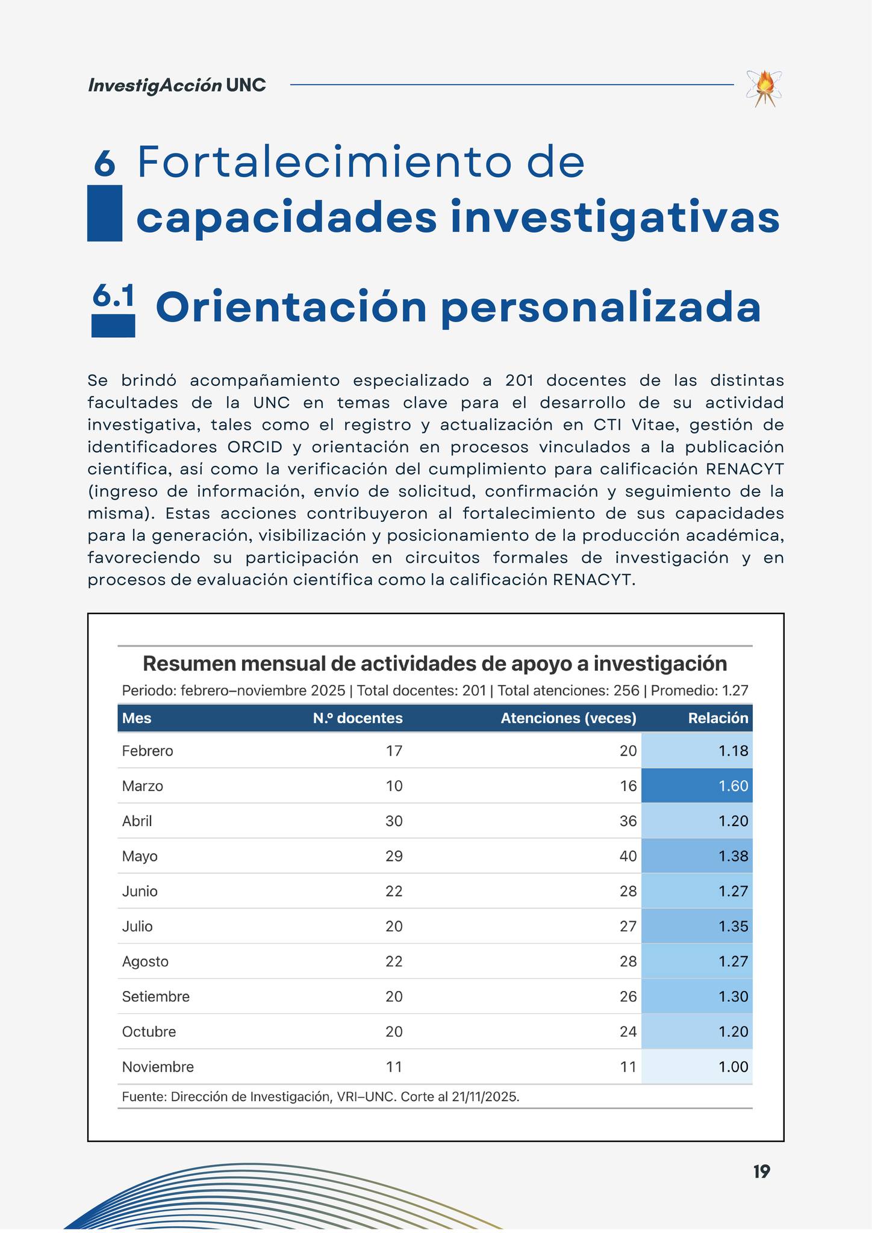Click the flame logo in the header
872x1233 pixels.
click(x=764, y=89)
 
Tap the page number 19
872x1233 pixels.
click(x=761, y=1172)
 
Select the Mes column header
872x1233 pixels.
click(x=137, y=718)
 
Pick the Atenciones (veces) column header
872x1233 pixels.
click(x=568, y=718)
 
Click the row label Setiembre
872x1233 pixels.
click(x=155, y=996)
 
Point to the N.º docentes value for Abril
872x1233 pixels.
click(x=394, y=821)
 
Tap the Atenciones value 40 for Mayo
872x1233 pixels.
click(x=628, y=856)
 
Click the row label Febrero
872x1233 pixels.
click(x=148, y=751)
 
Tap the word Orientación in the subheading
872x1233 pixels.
click(x=291, y=308)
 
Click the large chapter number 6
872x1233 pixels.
click(x=105, y=163)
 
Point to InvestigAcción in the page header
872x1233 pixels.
click(x=155, y=85)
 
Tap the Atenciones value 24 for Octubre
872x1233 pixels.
click(x=628, y=1031)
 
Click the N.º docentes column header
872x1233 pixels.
click(x=358, y=718)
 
